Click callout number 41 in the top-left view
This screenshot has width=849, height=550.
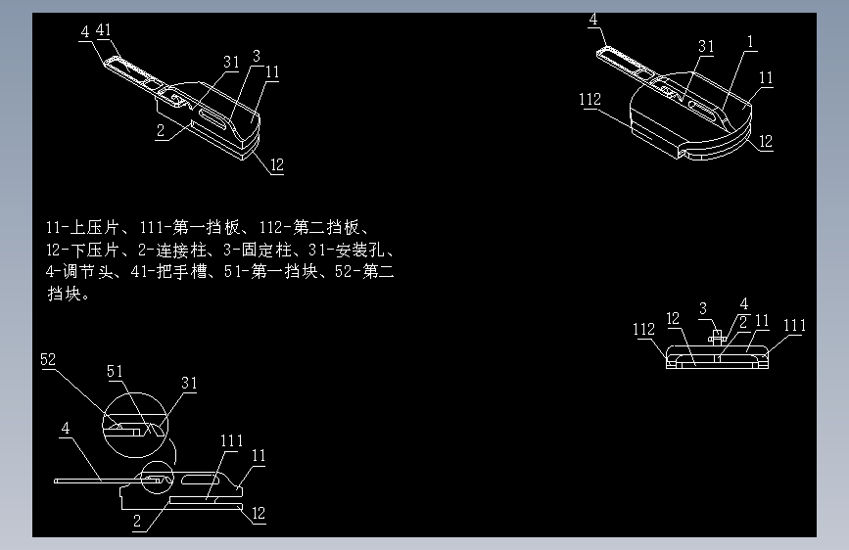(102, 31)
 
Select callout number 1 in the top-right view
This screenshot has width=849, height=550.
(750, 41)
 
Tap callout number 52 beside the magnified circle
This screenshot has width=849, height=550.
(48, 359)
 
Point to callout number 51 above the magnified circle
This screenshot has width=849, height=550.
(115, 371)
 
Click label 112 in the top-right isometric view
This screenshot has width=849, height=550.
(590, 99)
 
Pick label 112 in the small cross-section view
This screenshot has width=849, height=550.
(643, 329)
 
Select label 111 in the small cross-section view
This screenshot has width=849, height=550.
(794, 326)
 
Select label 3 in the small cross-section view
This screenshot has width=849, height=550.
(702, 309)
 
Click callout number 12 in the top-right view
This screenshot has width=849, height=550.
(766, 142)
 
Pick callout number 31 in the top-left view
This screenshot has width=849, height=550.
(230, 62)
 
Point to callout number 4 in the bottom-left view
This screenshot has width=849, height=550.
(65, 428)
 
